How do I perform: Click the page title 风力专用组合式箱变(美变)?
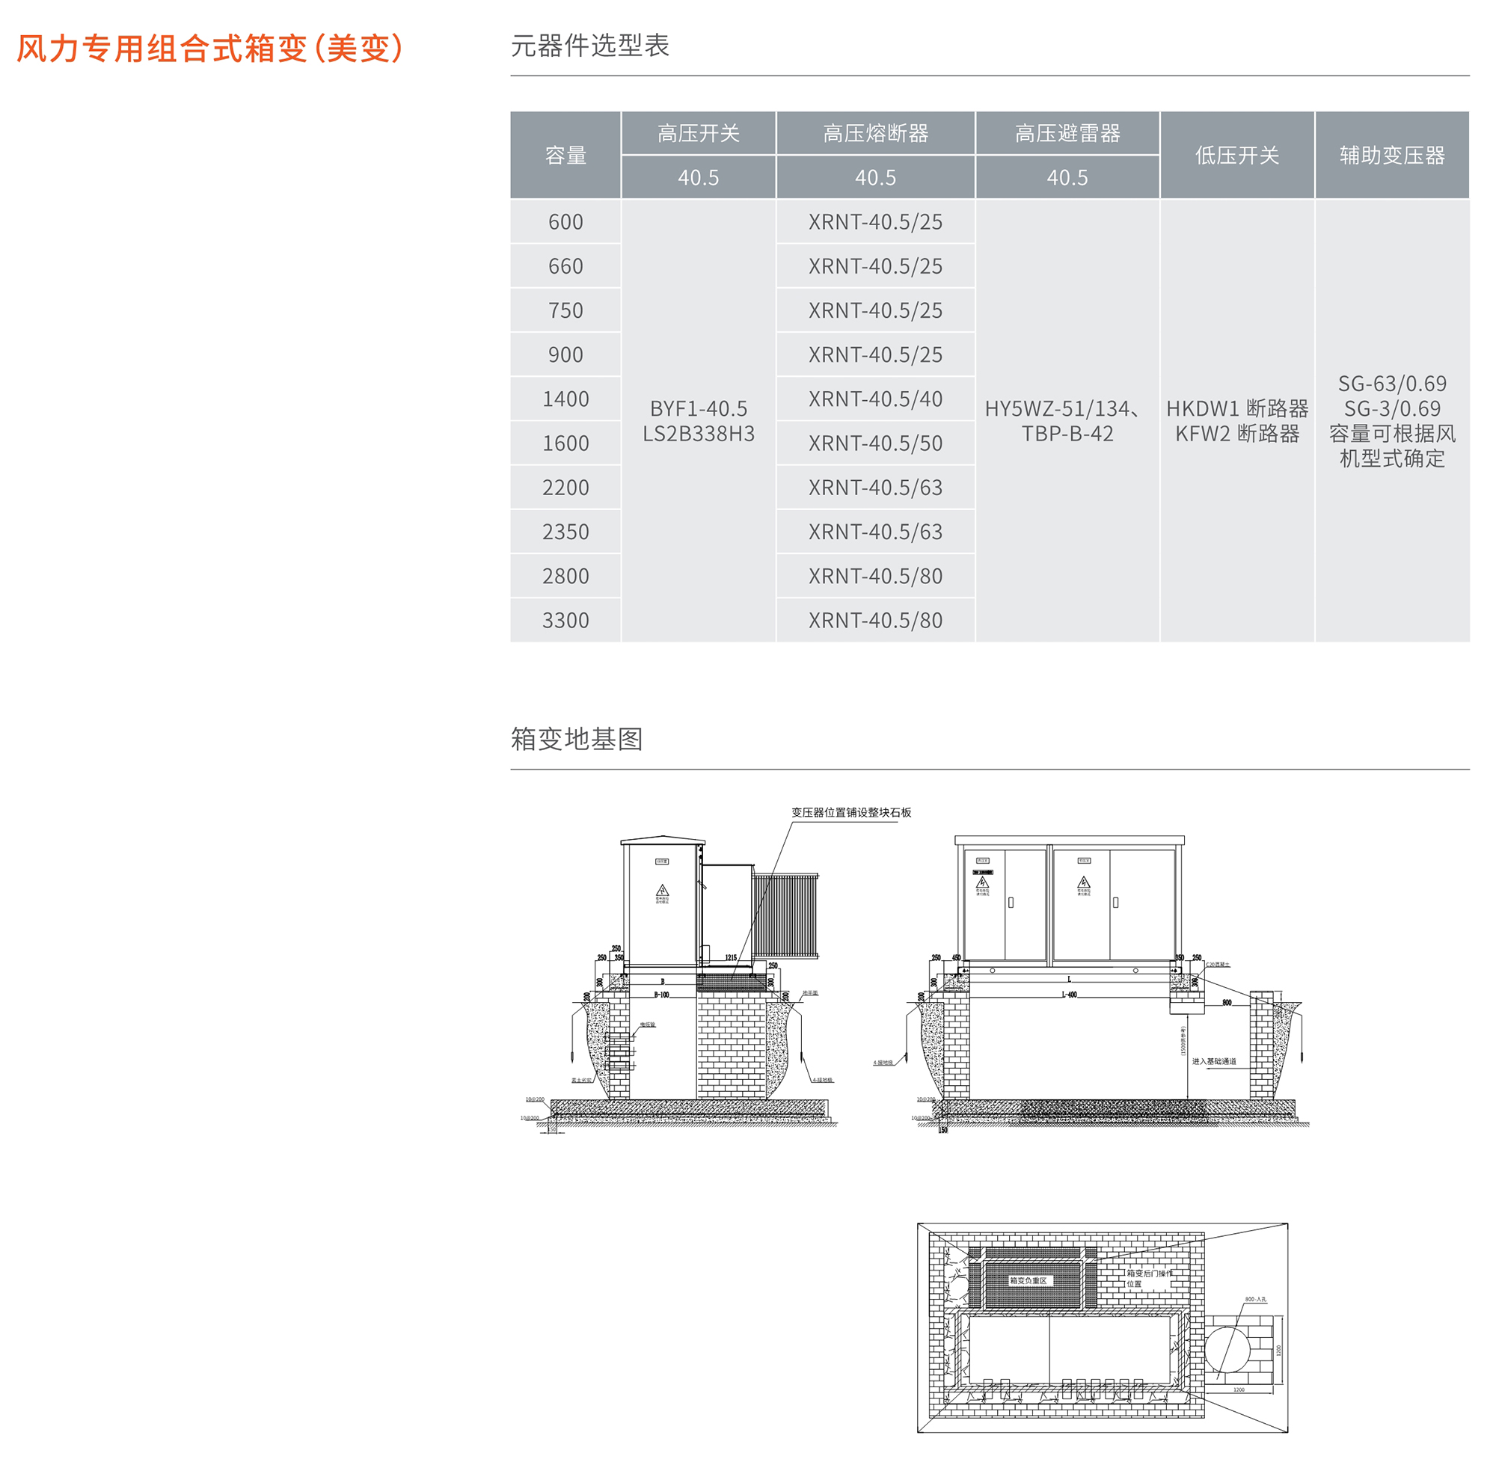click(x=209, y=49)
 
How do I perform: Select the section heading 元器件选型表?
click(x=589, y=46)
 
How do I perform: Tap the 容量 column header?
click(x=565, y=156)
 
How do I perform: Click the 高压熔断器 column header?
click(x=875, y=134)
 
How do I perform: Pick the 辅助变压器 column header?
click(x=1392, y=156)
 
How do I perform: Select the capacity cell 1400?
click(x=565, y=399)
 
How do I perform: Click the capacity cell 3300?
click(x=565, y=621)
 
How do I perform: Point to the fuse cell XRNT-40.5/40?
click(x=875, y=399)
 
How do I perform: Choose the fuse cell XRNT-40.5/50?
click(x=875, y=443)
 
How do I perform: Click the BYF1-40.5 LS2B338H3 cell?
click(x=698, y=421)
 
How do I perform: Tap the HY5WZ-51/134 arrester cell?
click(x=1067, y=421)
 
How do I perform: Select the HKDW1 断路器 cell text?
click(x=1237, y=409)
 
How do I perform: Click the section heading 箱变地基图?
click(x=576, y=740)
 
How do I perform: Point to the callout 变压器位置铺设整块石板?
click(x=850, y=813)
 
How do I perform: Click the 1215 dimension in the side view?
click(x=731, y=958)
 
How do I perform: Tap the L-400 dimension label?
click(x=1069, y=995)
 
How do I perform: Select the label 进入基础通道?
click(x=1213, y=1061)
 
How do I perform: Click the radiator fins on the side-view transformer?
click(x=785, y=915)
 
